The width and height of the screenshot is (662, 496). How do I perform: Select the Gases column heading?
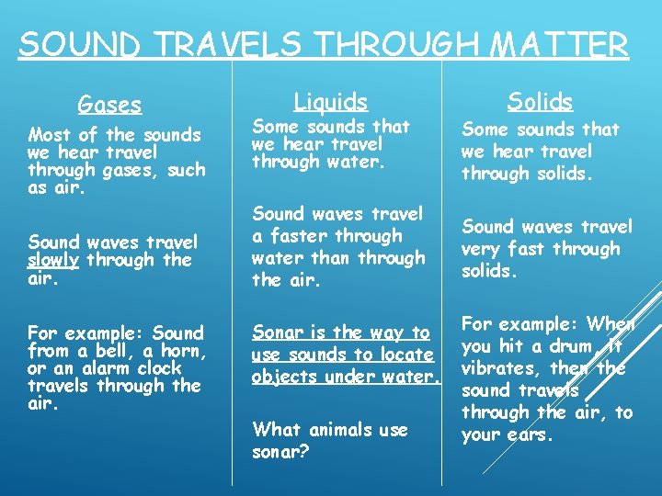109,105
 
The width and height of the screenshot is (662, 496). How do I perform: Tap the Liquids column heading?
330,101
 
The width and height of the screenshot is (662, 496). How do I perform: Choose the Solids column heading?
540,101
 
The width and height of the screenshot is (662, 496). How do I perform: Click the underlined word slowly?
57,260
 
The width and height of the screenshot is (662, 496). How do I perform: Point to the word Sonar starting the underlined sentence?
279,332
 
